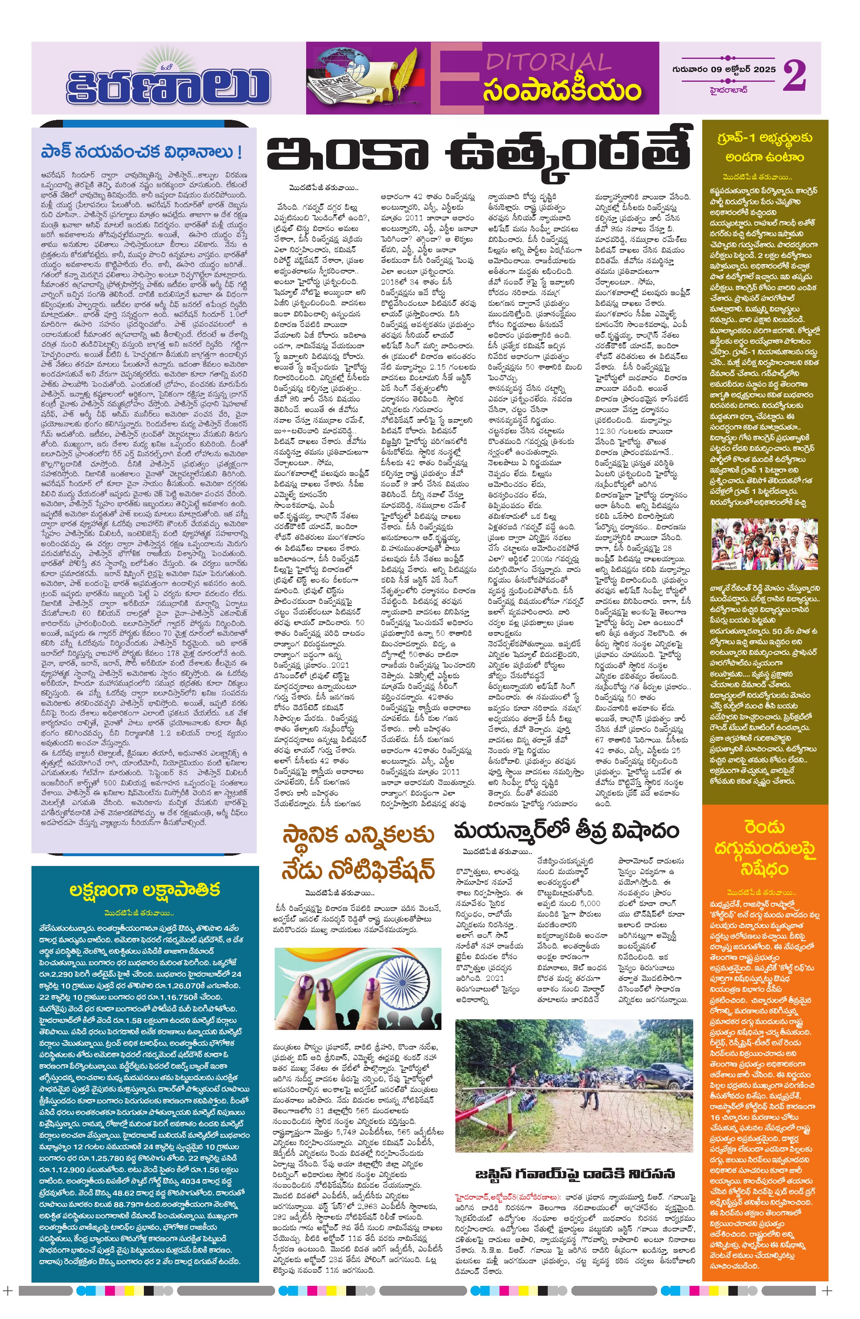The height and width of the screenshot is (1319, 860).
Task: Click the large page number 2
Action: tap(794, 76)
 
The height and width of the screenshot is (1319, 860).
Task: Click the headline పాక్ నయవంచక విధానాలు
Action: tap(142, 152)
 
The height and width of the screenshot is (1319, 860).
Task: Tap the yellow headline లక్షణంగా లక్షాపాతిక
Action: tap(145, 889)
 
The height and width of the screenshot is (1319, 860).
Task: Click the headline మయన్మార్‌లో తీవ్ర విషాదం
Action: tap(566, 831)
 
